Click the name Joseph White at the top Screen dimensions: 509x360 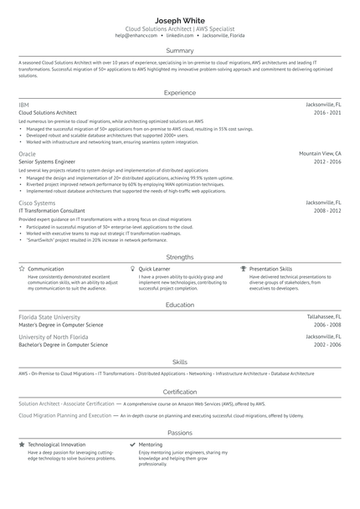coord(180,18)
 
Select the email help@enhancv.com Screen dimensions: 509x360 coord(137,36)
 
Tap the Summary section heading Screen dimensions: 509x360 coord(180,51)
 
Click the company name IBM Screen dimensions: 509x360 coord(23,104)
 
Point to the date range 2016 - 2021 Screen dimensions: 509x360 coord(327,112)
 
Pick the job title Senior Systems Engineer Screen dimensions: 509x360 coord(47,162)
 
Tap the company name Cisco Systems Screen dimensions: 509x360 coord(37,203)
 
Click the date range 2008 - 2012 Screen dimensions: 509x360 coord(327,211)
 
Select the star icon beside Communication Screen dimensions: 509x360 coord(22,269)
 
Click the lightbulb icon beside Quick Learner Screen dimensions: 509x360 coord(132,269)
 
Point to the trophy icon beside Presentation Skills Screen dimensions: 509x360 coord(244,269)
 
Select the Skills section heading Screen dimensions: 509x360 coord(180,362)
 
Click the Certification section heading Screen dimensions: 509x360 coord(180,391)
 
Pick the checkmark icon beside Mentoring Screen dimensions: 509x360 coord(132,444)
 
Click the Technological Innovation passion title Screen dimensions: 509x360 coord(57,444)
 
